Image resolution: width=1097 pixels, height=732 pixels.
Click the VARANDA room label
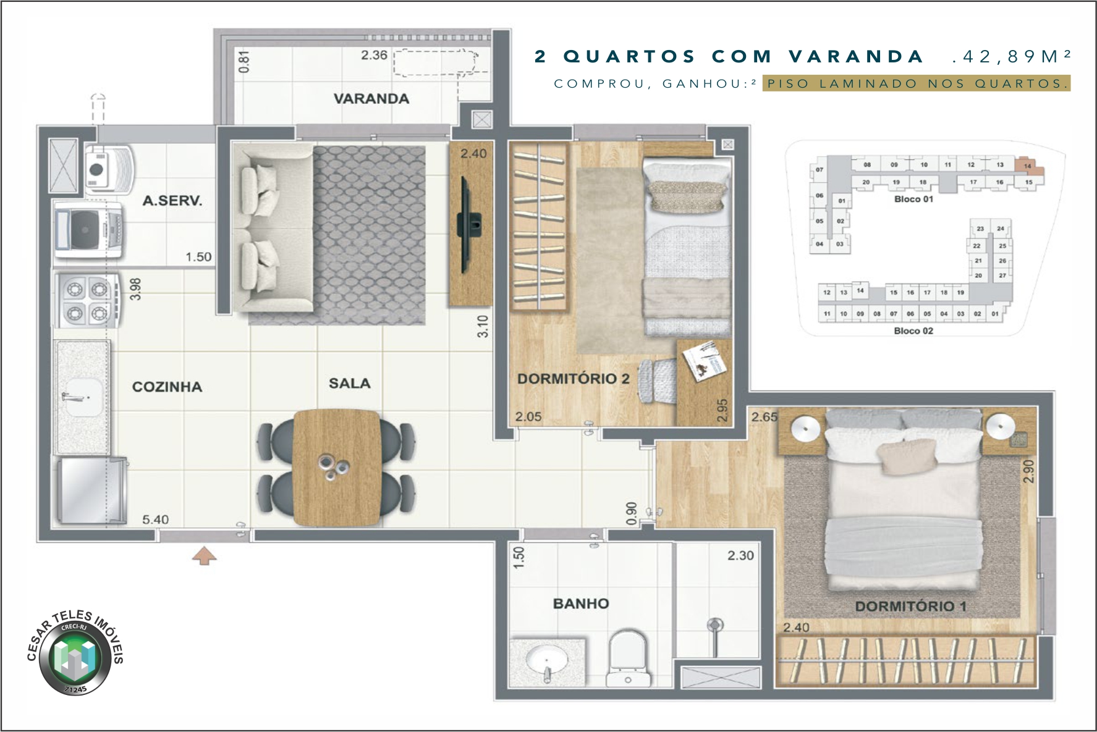click(x=371, y=99)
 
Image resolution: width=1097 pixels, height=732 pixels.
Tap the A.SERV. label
click(x=172, y=201)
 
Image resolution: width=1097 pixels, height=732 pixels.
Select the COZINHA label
click(x=167, y=387)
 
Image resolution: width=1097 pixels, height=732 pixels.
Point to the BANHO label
click(x=580, y=604)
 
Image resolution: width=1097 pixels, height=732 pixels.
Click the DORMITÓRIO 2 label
click(x=573, y=379)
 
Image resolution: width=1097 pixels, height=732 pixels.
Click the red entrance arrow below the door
click(x=205, y=557)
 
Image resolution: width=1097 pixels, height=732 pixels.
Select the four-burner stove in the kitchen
click(x=87, y=300)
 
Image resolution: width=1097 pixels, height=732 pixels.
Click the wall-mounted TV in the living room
click(x=469, y=224)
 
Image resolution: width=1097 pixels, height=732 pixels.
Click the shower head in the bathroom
click(x=714, y=626)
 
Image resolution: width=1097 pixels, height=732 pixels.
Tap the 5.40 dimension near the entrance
click(x=155, y=520)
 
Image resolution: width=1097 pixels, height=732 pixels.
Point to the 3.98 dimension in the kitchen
click(x=136, y=289)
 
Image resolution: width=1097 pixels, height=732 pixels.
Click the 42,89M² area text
click(x=1011, y=57)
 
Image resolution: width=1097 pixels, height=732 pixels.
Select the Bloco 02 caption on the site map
click(x=913, y=331)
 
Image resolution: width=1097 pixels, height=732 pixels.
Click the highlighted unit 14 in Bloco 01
click(x=1027, y=166)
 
